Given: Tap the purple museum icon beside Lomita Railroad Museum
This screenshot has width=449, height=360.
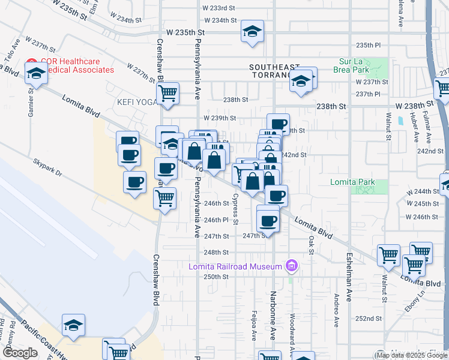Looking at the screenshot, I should pos(292,265).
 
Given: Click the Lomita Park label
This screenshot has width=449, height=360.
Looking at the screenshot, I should pos(351,182).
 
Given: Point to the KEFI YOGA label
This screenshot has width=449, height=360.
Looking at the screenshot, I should pos(136,101).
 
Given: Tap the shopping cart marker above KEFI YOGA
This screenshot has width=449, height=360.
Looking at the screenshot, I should pos(167,93).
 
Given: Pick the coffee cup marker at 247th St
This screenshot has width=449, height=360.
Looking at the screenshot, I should pos(268,220).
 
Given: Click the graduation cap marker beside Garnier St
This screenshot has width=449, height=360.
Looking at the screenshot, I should pos(37,75).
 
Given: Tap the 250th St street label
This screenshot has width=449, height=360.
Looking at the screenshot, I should pos(216,277).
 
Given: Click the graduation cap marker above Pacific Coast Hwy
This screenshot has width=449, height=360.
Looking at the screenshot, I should pos(73,325).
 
